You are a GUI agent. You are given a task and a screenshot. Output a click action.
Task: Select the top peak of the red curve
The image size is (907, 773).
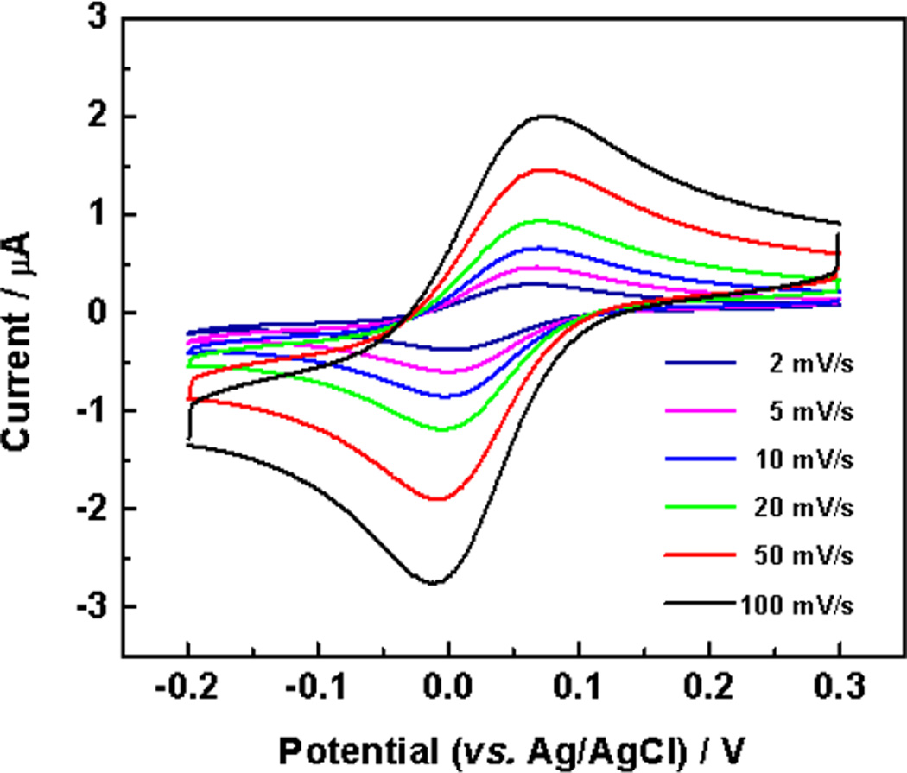(x=546, y=169)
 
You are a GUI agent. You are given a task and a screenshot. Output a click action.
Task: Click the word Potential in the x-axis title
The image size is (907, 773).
(x=337, y=744)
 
